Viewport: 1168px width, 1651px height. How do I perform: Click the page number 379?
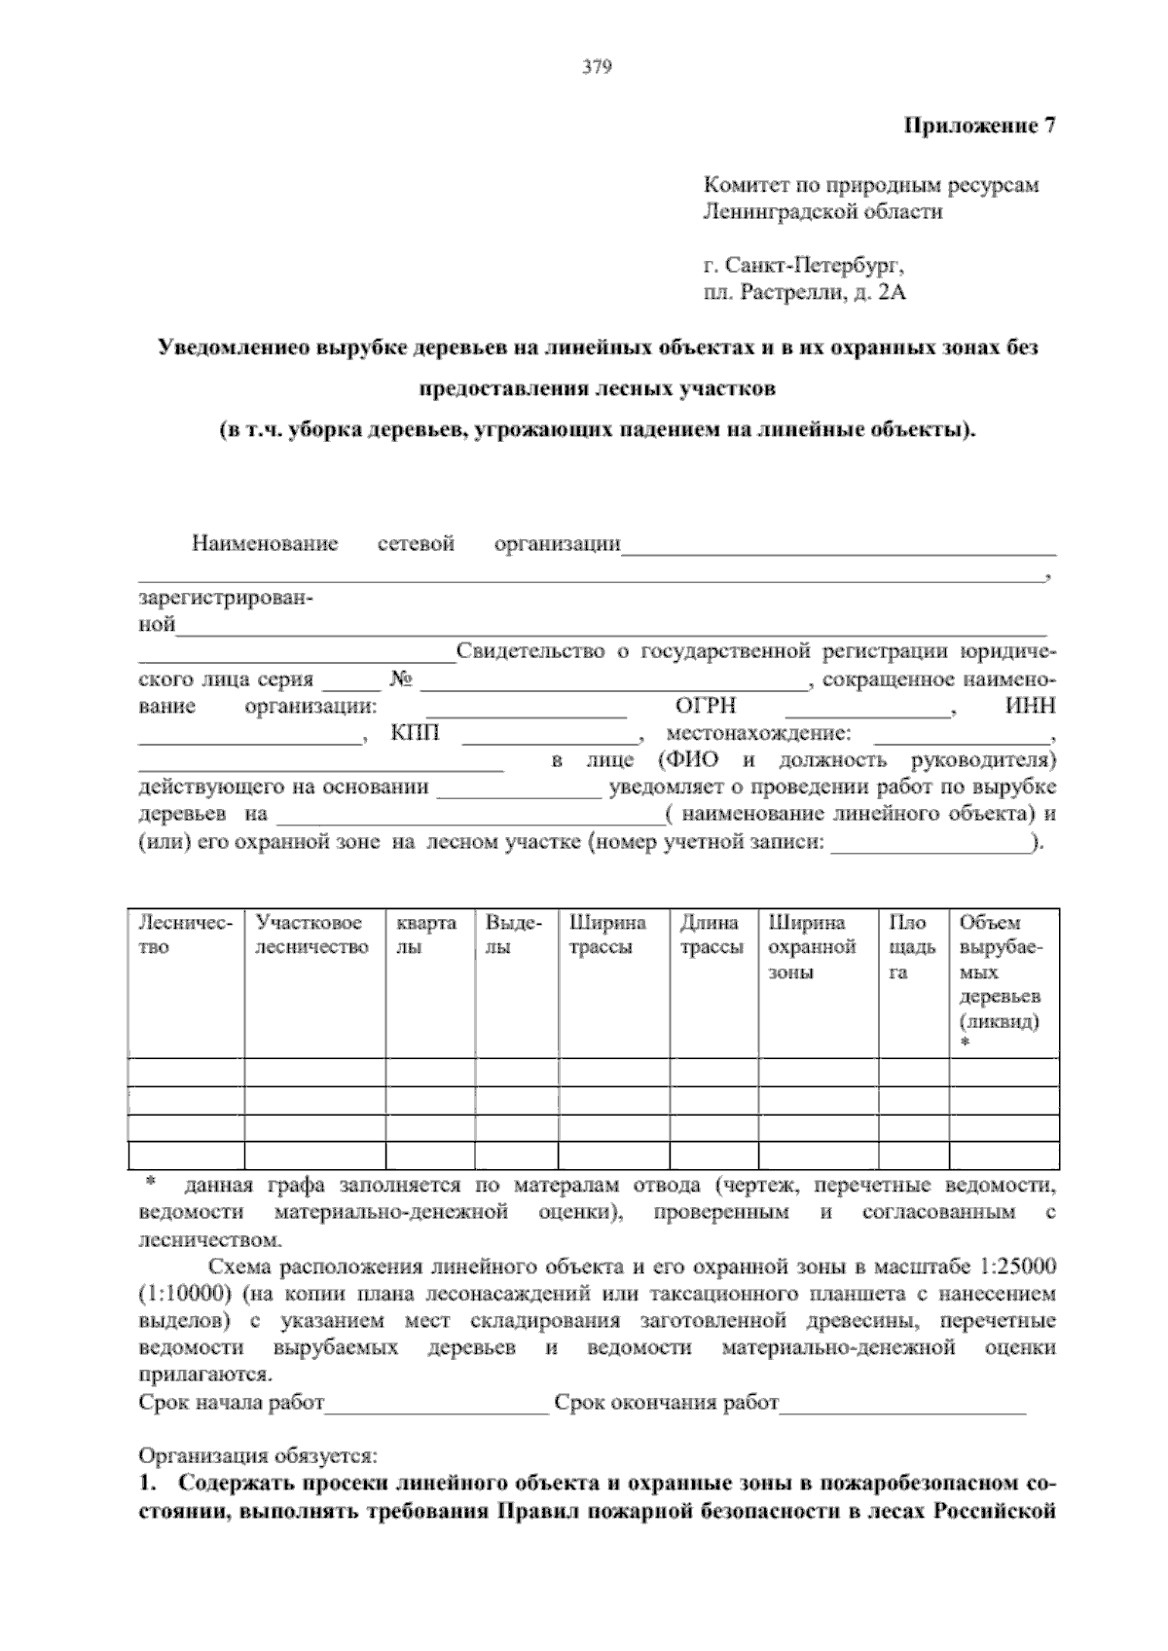coord(596,67)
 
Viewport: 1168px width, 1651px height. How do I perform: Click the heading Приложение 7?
coord(980,126)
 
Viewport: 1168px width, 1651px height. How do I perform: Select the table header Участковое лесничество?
coord(311,935)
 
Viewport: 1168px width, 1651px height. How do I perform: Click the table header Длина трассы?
coord(711,935)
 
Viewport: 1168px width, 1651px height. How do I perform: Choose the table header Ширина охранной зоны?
coord(812,947)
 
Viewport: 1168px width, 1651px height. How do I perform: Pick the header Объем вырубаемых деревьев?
coord(1001,972)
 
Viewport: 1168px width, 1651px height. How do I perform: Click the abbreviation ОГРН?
coord(706,707)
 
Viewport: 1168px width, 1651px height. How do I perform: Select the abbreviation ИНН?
coord(1030,707)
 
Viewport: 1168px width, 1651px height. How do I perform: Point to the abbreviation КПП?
coord(415,733)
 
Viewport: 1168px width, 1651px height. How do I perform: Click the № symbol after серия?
coord(401,679)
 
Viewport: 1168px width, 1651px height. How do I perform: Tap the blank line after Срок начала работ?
coord(437,1405)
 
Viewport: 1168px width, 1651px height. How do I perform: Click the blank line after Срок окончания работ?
coord(902,1405)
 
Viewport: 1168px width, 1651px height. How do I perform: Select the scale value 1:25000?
coord(1008,1267)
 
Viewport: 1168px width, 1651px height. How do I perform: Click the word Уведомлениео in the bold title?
coord(232,349)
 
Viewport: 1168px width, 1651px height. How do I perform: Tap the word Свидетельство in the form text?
coord(529,651)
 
